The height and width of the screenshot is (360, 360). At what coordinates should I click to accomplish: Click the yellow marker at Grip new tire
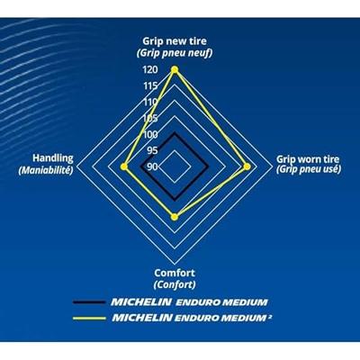pos(175,70)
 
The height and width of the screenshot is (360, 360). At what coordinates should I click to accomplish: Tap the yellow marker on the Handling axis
pos(124,166)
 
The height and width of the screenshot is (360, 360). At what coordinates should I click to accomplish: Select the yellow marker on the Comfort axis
pos(175,217)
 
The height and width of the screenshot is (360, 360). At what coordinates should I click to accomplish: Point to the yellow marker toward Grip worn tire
pos(247,166)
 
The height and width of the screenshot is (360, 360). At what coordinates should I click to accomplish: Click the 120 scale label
pos(150,70)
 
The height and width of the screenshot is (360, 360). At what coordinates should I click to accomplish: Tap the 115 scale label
pos(150,86)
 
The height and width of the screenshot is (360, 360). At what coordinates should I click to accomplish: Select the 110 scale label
pos(150,103)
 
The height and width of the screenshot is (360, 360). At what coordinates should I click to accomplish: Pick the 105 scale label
pos(150,119)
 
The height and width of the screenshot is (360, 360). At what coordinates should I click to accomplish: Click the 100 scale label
pos(150,135)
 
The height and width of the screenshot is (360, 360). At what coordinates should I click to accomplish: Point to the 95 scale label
pos(152,150)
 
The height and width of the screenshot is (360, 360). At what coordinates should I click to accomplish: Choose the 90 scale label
pos(152,166)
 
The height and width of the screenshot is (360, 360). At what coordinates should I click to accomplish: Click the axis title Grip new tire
pos(175,40)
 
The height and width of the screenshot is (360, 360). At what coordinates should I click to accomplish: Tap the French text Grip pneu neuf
pos(175,53)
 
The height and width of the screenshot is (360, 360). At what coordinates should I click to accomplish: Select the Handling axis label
pos(53,158)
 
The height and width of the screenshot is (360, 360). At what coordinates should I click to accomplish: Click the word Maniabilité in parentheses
pos(46,170)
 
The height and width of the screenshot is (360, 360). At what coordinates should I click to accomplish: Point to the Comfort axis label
pos(175,273)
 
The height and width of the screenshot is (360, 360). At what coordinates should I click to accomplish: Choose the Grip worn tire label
pos(308,158)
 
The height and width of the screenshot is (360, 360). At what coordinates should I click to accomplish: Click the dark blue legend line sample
pos(89,302)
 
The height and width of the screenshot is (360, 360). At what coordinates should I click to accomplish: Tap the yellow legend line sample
pos(89,319)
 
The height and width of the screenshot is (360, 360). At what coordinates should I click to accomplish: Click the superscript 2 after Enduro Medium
pos(270,315)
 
